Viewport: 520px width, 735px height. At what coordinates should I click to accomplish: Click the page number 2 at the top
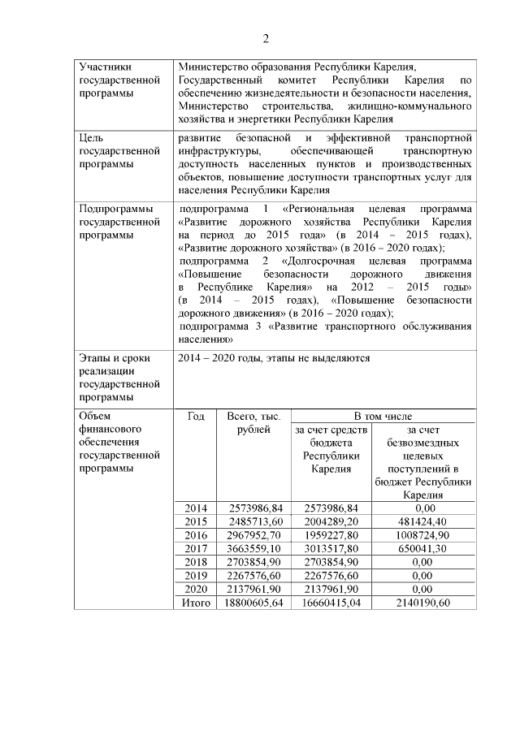(265, 39)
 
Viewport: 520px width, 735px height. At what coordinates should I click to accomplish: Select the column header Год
(196, 416)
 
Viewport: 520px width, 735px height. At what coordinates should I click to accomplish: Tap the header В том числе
(383, 416)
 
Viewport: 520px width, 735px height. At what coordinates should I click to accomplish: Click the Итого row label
(195, 603)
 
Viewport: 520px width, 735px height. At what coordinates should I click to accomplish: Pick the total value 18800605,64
(250, 603)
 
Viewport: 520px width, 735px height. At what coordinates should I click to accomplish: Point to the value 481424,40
(422, 521)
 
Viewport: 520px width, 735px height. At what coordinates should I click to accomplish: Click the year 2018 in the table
(196, 562)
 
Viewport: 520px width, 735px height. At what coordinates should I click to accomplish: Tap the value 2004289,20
(329, 521)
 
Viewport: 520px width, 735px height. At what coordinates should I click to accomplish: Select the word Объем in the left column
(96, 416)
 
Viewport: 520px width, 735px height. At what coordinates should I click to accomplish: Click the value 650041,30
(422, 548)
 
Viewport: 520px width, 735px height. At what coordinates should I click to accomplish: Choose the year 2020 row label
(196, 589)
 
